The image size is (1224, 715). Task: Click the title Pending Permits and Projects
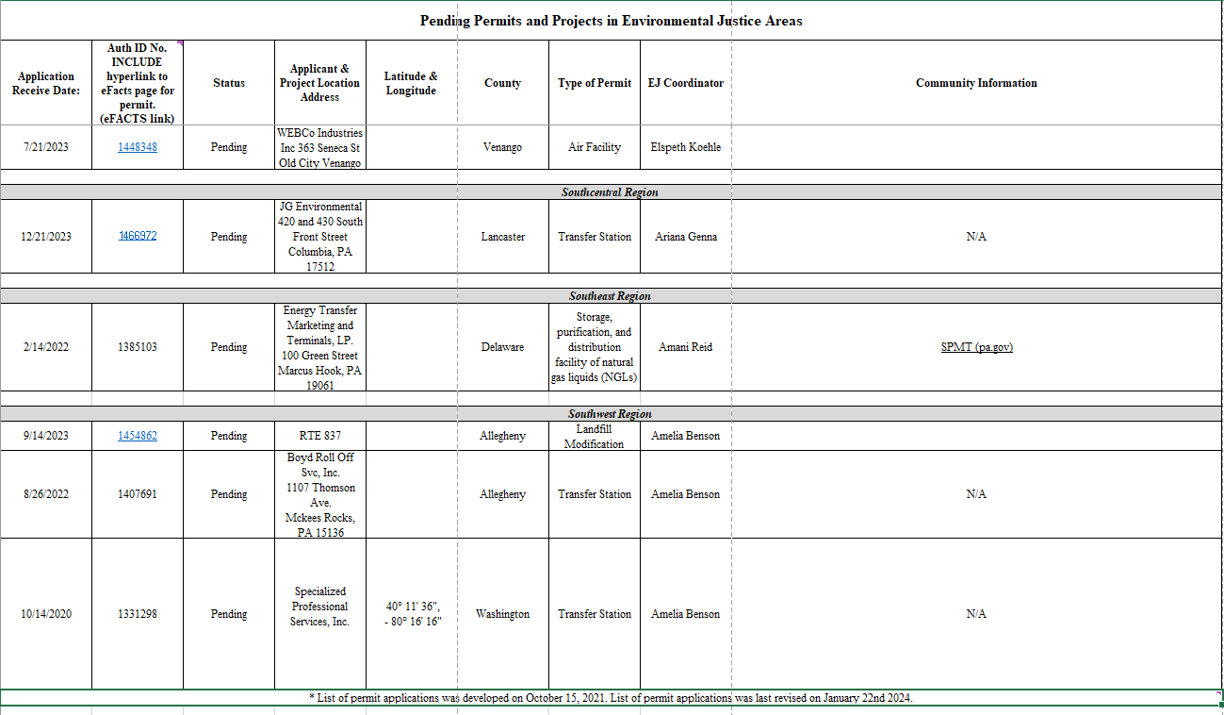point(612,21)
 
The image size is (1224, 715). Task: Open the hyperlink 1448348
point(138,147)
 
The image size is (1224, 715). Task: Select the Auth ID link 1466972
point(138,236)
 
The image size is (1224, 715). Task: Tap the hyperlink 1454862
point(138,436)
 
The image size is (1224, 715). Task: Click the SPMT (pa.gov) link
point(976,347)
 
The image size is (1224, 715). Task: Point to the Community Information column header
point(976,83)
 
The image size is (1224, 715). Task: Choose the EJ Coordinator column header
point(686,83)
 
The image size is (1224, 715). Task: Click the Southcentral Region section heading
point(610,192)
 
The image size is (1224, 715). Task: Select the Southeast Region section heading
point(610,296)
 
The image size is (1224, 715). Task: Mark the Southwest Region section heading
point(610,414)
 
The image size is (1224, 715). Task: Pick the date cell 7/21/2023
point(46,147)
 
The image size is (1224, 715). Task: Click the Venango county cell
point(502,147)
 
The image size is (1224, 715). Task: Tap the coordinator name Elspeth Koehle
point(686,147)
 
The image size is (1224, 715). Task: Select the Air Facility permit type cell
point(595,147)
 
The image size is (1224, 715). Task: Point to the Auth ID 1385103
point(138,347)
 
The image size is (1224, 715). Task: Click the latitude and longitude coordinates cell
point(411,614)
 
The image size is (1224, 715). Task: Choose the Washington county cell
point(502,614)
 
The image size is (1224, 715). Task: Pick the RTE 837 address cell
point(320,436)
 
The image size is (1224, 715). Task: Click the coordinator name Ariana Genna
point(686,237)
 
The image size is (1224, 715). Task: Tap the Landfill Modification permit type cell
point(595,436)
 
